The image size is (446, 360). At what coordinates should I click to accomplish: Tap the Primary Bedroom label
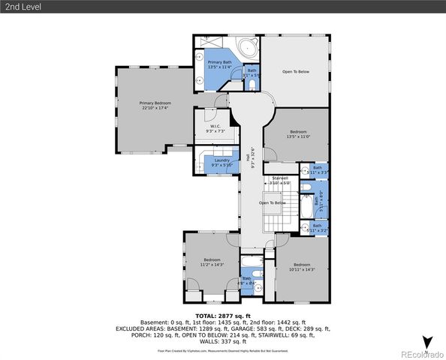click(155, 105)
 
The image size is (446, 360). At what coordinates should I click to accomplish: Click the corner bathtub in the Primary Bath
click(247, 49)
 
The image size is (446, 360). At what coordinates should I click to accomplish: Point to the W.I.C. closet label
click(214, 128)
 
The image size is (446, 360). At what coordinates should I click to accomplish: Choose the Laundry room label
click(221, 162)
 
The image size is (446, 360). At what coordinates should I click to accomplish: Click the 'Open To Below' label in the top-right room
click(295, 72)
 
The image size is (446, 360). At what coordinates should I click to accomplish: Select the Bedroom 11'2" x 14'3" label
click(212, 262)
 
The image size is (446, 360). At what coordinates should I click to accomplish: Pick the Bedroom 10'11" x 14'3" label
click(302, 267)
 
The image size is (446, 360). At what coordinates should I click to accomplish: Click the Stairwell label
click(279, 180)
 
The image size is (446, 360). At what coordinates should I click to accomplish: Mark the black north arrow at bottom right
click(426, 342)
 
